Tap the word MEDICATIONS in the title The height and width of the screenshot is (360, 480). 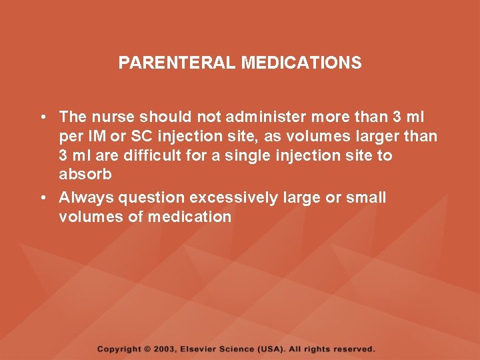click(x=301, y=63)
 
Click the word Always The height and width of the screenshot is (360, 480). click(x=83, y=198)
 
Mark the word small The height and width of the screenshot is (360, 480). click(x=367, y=198)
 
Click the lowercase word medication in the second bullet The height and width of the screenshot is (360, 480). click(x=189, y=217)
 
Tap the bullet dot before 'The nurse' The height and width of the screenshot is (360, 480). click(x=42, y=117)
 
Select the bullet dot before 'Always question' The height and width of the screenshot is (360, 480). click(x=42, y=198)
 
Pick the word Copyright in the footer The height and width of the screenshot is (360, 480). click(x=119, y=349)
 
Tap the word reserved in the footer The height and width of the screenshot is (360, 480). click(x=354, y=349)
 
